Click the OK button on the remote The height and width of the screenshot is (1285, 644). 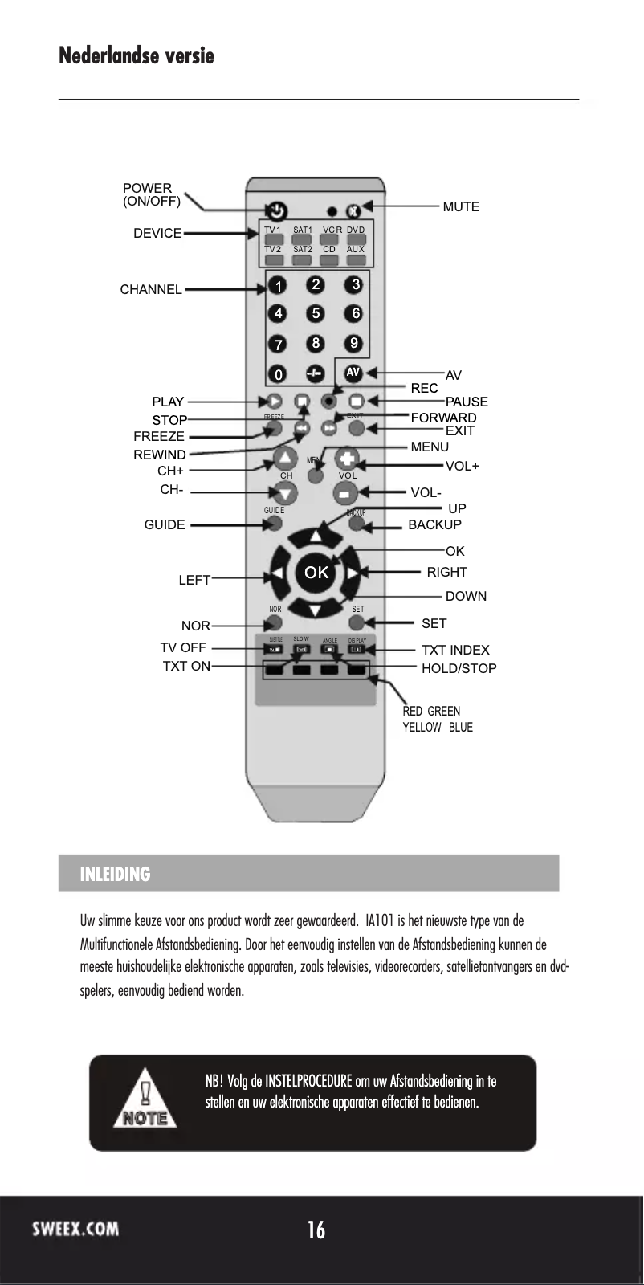click(316, 572)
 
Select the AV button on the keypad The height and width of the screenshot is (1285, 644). click(353, 373)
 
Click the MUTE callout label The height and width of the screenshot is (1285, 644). click(461, 207)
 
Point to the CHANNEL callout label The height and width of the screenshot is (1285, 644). click(151, 290)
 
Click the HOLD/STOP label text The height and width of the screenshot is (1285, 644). click(459, 668)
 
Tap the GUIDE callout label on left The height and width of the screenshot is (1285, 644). click(164, 525)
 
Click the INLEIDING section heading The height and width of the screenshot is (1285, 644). click(115, 874)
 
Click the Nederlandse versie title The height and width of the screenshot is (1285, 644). click(137, 56)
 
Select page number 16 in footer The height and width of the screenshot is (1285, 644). click(316, 1230)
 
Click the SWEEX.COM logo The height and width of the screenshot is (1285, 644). click(75, 1228)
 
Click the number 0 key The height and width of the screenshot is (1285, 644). click(278, 374)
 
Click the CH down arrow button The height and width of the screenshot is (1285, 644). click(286, 493)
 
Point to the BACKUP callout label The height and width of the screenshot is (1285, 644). click(434, 525)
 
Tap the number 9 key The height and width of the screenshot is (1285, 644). click(353, 344)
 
